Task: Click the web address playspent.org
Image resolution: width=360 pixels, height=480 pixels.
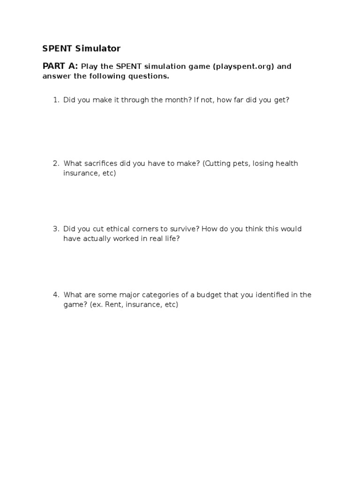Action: click(243, 66)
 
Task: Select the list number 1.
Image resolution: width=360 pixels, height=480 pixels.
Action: click(55, 100)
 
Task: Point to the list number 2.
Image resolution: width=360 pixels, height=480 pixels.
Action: click(55, 163)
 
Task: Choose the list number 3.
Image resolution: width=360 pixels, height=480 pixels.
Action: click(55, 229)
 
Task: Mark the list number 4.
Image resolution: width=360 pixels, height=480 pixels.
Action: click(55, 294)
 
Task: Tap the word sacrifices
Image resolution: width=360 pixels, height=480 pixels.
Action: click(101, 163)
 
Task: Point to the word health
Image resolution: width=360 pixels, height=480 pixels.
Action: click(287, 163)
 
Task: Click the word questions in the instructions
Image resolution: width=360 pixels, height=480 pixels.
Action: click(148, 76)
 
